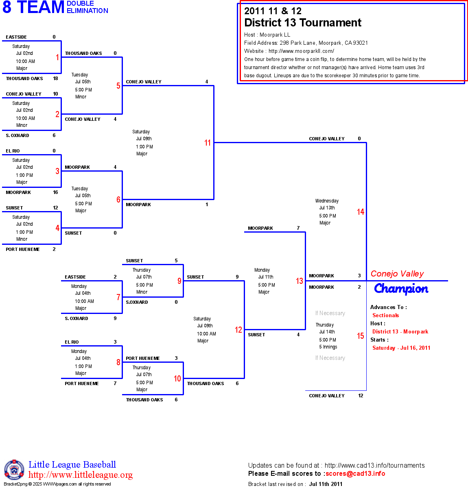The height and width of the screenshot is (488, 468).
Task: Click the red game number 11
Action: pos(208,143)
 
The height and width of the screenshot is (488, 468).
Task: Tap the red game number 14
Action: pos(361,212)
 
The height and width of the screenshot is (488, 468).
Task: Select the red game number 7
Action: pos(118,297)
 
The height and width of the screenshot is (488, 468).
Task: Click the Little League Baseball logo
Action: pos(14,470)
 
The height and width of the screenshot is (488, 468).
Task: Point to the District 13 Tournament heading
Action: pos(302,23)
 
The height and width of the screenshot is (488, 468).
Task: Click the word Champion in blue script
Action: pos(401,289)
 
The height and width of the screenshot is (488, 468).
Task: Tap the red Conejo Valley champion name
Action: pos(397,274)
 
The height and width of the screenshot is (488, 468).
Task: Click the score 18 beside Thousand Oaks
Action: pos(55,78)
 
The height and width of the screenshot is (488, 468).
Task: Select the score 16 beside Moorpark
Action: pos(55,192)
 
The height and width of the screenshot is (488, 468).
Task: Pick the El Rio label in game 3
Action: pos(13,151)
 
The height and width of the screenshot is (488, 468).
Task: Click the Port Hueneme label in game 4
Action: pos(23,249)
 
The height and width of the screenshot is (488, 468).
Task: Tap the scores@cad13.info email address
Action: pos(355,473)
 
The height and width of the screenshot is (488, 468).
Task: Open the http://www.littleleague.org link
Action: pos(81,475)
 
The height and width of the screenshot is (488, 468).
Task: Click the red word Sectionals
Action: pos(385,315)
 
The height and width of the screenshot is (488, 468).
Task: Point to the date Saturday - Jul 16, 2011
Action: pos(401,348)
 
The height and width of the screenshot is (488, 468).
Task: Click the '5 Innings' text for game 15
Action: pos(328,347)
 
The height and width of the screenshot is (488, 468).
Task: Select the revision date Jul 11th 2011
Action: pos(326,484)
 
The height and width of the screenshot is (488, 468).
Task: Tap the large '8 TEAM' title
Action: pos(33,7)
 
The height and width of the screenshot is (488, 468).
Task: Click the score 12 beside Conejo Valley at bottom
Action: pos(361,396)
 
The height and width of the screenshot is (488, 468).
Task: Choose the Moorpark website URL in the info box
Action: pos(301,51)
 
